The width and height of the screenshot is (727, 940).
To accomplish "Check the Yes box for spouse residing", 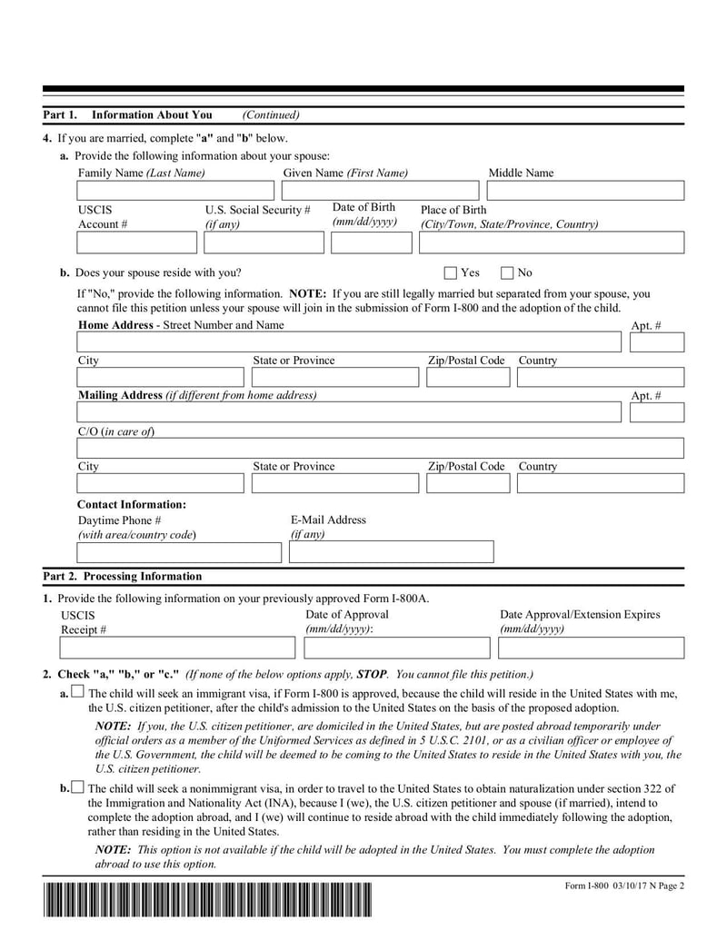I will pos(451,272).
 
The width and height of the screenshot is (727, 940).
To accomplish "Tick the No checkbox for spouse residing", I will pos(508,272).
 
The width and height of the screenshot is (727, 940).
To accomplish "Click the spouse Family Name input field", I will pos(175,191).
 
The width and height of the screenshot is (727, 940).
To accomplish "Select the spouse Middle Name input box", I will pos(585,191).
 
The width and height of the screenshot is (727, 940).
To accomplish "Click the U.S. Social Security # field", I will pos(264,242).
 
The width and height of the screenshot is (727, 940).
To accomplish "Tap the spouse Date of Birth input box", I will pos(371,242).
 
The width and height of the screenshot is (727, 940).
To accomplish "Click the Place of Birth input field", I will pos(551,242).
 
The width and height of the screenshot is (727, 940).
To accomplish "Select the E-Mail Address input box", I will pos(392,552).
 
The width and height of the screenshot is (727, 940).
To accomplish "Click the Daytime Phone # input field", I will pos(180,552).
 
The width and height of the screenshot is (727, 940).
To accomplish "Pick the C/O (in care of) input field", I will pos(380,449).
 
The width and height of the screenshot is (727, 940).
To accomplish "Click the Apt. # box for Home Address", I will pos(656,342).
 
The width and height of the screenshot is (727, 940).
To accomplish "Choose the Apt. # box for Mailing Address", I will pos(656,412).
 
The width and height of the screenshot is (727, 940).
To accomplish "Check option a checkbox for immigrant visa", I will pos(77,693).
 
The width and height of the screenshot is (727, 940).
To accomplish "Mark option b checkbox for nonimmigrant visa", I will pos(77,787).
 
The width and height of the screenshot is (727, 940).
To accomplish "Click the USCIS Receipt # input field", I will pos(177,648).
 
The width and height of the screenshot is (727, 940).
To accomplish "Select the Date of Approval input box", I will pos(396,648).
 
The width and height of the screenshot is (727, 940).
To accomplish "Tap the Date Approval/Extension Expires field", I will pos(591,648).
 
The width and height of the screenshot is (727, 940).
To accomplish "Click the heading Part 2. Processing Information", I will pos(123,577).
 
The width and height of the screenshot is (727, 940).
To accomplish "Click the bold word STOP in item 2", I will pos(372,675).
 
